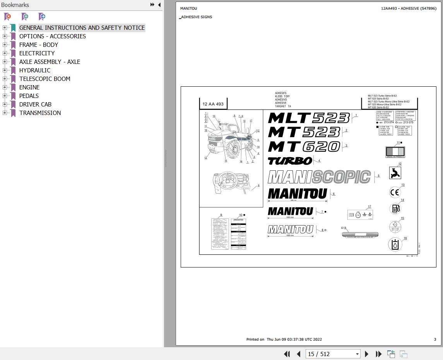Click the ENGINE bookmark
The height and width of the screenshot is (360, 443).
29,87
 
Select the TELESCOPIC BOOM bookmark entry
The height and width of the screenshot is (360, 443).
44,79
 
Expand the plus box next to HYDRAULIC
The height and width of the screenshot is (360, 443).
5,70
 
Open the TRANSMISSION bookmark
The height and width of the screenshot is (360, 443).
40,113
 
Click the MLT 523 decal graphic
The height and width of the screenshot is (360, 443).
308,118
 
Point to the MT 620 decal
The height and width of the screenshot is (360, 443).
304,147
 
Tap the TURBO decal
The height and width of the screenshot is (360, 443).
290,161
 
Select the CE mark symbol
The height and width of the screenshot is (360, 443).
395,192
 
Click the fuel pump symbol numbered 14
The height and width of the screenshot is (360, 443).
395,209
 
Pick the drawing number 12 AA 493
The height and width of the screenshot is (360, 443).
213,104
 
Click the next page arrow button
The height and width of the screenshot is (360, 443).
367,354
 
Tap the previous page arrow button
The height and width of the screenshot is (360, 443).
299,354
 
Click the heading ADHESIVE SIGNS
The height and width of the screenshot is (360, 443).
196,17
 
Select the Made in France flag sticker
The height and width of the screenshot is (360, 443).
395,152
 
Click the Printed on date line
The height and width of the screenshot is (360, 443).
284,339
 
